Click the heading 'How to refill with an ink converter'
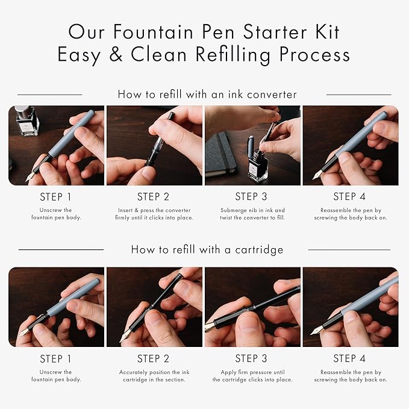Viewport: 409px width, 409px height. [x=207, y=94]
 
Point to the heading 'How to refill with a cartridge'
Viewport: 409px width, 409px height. [x=207, y=249]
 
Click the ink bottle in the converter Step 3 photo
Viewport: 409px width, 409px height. [x=257, y=163]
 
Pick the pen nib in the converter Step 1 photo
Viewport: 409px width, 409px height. [x=30, y=176]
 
